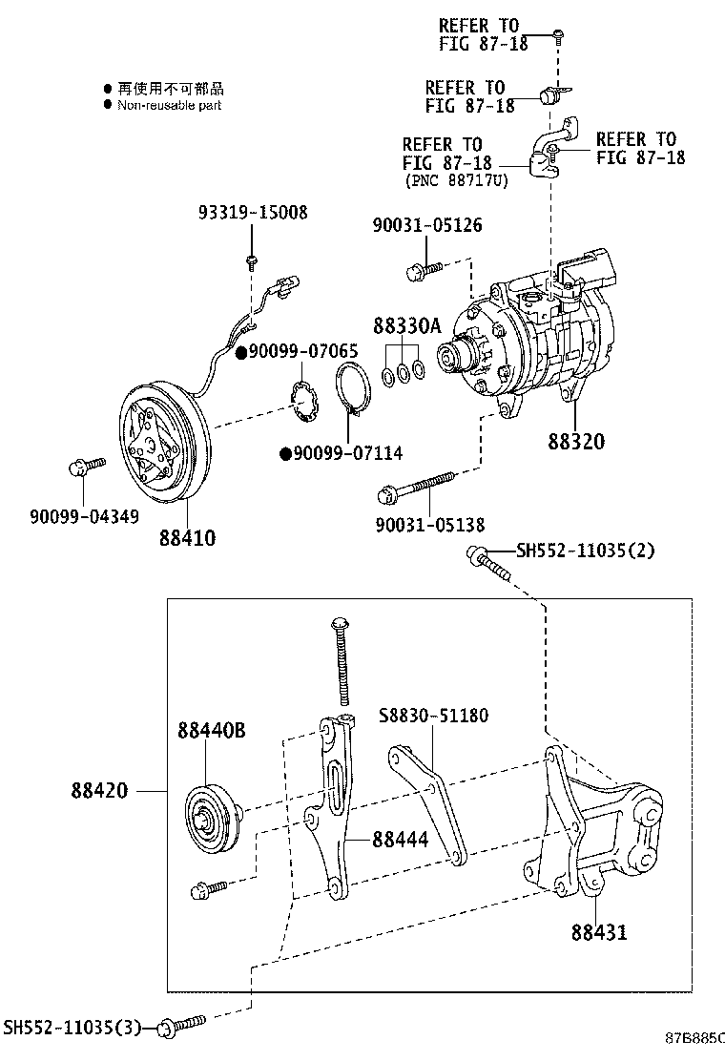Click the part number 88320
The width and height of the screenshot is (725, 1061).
pos(575,443)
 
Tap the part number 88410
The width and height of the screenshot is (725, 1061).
pos(186,538)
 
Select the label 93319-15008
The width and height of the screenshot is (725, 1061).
pos(253,212)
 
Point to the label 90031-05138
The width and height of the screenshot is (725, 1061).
pos(428,524)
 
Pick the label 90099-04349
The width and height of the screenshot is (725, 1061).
pos(83,516)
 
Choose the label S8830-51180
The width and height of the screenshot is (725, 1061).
pos(435,716)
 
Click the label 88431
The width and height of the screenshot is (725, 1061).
pos(599,930)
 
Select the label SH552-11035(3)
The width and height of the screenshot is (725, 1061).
pos(72,1027)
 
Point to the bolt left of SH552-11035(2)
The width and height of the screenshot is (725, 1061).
pos(487,562)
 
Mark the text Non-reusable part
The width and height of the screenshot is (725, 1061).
pos(169,105)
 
